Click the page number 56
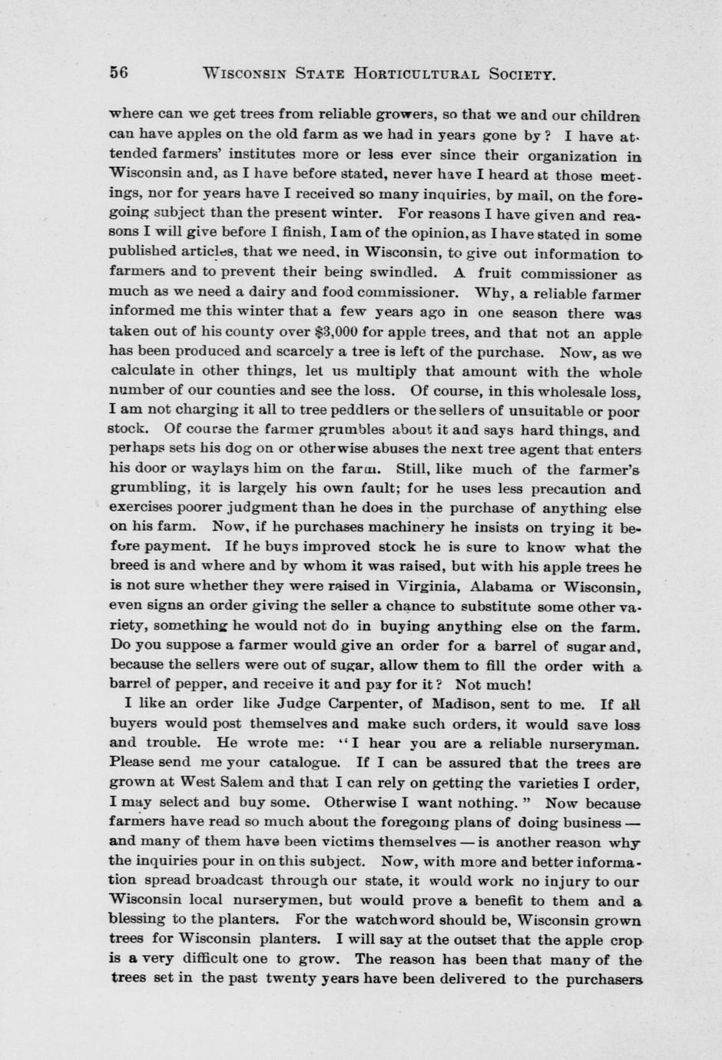tap(118, 73)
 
